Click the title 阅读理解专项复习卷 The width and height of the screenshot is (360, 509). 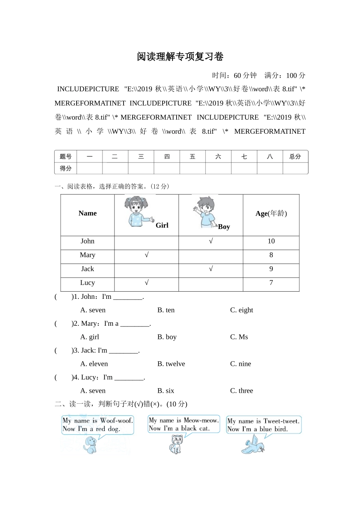(180, 57)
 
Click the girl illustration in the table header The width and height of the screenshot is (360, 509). (137, 211)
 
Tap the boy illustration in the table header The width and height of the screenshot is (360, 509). (205, 212)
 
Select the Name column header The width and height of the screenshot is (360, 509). (88, 213)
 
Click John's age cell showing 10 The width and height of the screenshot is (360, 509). (271, 241)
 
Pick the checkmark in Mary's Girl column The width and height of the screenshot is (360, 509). (147, 255)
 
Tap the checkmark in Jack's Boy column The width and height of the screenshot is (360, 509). (211, 269)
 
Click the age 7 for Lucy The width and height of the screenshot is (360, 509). (271, 283)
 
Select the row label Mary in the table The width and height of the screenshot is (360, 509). (88, 255)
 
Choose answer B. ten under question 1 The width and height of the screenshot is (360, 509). (166, 310)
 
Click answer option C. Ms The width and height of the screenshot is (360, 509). (239, 337)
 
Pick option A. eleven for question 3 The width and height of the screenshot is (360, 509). (94, 364)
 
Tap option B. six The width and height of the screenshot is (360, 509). (166, 391)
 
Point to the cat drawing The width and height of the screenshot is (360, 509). (175, 444)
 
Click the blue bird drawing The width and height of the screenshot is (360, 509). (253, 444)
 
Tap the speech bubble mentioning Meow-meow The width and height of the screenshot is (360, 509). (184, 424)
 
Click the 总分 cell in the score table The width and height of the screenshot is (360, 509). (295, 156)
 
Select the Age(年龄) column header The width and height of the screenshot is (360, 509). (271, 214)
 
